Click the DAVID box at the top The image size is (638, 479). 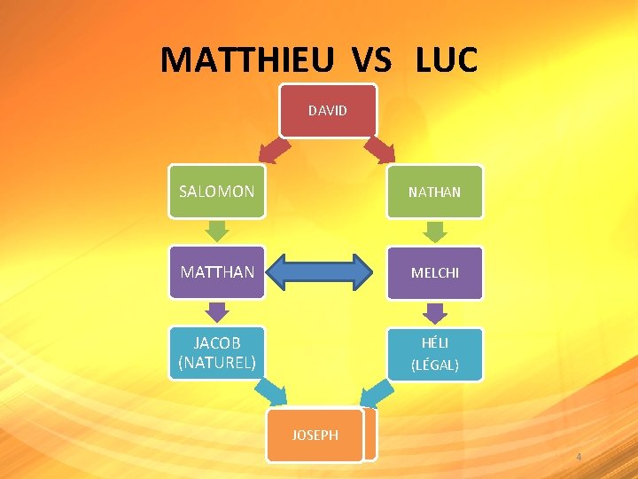click(328, 111)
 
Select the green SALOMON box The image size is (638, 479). click(217, 192)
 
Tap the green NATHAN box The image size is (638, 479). click(434, 192)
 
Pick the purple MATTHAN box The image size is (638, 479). click(217, 272)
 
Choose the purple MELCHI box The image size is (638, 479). click(434, 272)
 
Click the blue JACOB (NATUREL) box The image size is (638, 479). click(217, 353)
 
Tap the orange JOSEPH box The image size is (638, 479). click(315, 436)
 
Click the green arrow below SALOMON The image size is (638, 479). click(217, 231)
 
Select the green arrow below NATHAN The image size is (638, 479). click(434, 232)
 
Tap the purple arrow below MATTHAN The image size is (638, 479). click(217, 311)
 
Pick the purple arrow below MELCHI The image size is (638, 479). click(434, 312)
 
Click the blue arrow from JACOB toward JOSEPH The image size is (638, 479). click(273, 391)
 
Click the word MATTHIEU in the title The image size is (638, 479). click(247, 60)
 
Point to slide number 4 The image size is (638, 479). click(579, 457)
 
